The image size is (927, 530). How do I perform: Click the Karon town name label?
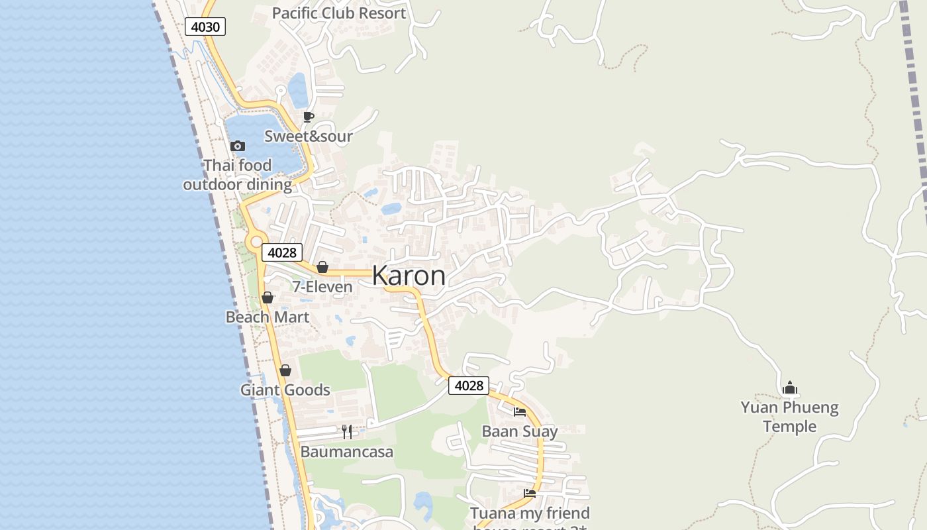409,276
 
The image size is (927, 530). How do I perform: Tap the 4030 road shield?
205,26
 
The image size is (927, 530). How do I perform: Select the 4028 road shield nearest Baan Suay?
468,386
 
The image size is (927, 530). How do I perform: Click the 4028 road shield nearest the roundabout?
281,252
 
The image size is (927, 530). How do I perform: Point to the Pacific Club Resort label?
339,13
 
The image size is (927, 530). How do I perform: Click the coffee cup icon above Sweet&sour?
308,117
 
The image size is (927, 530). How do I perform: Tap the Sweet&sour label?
308,136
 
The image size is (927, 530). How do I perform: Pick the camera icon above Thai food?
238,146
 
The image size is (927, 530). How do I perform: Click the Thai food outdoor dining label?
237,175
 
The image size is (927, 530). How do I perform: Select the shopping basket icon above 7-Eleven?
322,267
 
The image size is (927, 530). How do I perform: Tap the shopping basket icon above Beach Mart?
268,297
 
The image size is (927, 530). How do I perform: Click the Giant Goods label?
285,390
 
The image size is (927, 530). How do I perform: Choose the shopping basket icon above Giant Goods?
285,370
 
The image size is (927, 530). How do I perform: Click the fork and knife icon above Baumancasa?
347,432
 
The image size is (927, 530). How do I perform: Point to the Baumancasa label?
347,452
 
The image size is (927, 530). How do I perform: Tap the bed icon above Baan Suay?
520,412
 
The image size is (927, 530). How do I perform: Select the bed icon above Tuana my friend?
530,494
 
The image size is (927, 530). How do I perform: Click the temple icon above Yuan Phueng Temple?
789,388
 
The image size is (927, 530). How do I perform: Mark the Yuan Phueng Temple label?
789,417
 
